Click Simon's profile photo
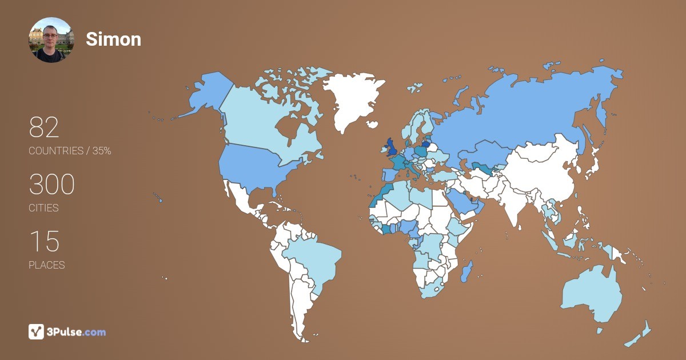51,39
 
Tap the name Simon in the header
113,39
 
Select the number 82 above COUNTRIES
44,128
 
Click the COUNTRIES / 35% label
70,151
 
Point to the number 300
51,185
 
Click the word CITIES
43,208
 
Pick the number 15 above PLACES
44,242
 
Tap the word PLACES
46,265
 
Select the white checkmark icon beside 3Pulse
36,331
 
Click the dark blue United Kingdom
392,148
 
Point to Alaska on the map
206,94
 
